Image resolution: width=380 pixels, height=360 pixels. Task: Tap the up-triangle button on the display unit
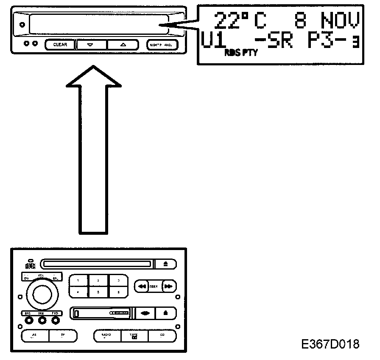123,44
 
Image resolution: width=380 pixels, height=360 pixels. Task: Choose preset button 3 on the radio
119,281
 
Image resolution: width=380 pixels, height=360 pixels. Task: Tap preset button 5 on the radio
99,292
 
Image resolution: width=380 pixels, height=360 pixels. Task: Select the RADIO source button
106,336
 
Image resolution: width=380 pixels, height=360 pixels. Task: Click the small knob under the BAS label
28,321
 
